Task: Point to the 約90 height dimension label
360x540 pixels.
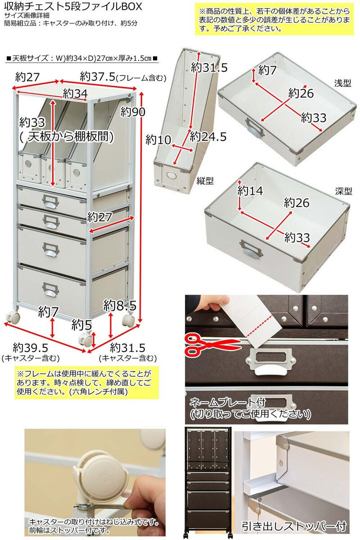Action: click(133, 111)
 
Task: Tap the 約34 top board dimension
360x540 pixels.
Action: click(75, 94)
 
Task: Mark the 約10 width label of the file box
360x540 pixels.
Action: click(158, 140)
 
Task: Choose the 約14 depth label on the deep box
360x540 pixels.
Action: click(250, 190)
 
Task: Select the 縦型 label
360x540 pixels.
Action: click(205, 180)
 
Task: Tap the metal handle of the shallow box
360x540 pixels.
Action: click(254, 127)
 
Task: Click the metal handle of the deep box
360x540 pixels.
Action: click(252, 248)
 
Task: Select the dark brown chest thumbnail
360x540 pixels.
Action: click(208, 481)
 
